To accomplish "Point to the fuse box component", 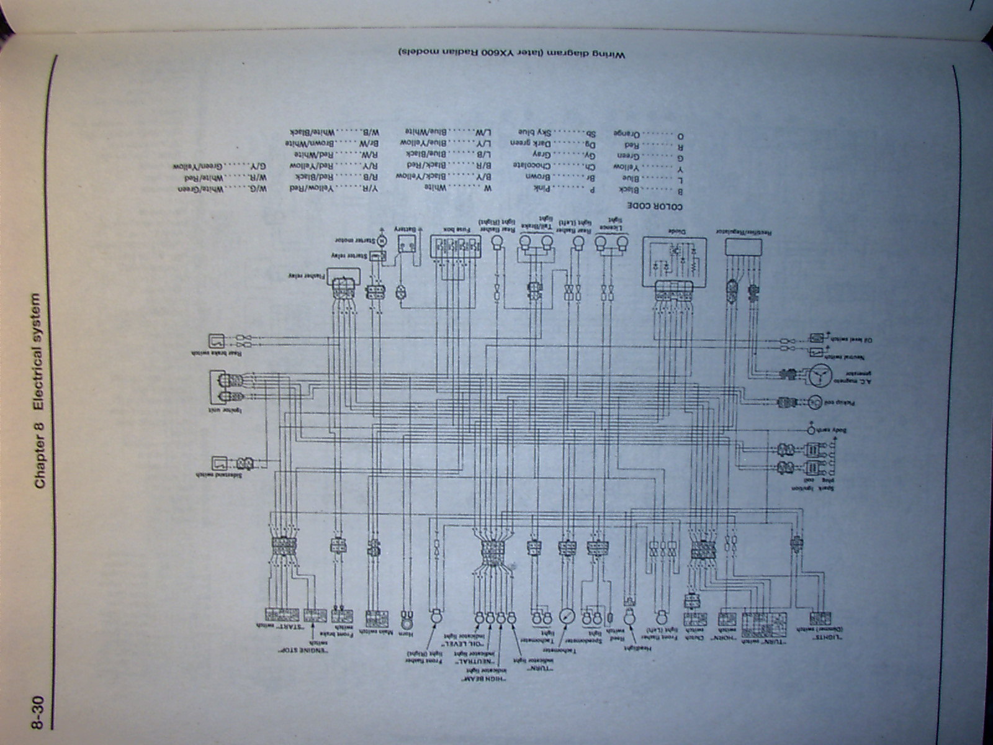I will click(x=456, y=247).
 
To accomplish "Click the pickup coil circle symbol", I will click(x=815, y=402).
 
